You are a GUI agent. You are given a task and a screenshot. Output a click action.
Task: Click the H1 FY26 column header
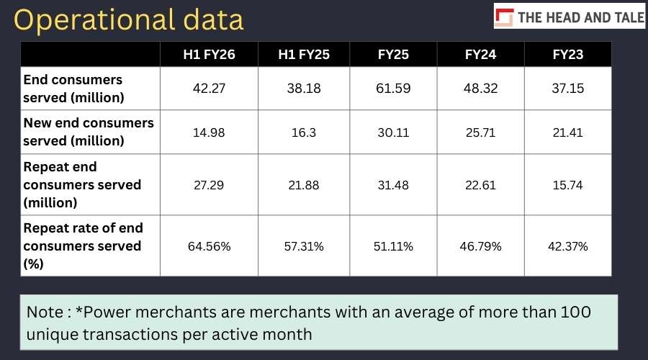(209, 55)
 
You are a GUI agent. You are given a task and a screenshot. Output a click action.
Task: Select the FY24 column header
(480, 55)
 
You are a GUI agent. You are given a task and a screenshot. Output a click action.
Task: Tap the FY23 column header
(568, 55)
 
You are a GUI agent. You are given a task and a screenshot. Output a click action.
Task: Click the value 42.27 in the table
(209, 89)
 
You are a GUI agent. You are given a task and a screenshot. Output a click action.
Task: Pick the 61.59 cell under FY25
(393, 89)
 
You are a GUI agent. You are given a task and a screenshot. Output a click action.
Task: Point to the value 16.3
(304, 132)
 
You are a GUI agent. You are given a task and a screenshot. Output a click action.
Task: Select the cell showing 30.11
(393, 132)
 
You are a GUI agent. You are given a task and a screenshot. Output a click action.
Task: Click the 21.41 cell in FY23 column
(568, 132)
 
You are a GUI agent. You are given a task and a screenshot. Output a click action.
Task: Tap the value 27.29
(209, 185)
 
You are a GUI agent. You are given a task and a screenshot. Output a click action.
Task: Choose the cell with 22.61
(480, 185)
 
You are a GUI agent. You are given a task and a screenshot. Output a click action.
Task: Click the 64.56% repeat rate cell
(209, 246)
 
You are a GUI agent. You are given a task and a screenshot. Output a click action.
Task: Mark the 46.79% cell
(480, 246)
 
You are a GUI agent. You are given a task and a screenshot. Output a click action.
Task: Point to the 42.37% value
(568, 246)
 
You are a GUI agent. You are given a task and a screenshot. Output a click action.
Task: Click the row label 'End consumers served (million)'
(73, 89)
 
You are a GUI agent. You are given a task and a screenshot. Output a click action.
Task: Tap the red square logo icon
(504, 17)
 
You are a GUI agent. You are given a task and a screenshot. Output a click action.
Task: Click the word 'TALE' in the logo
(629, 17)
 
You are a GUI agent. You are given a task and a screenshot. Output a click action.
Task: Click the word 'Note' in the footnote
(45, 312)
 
